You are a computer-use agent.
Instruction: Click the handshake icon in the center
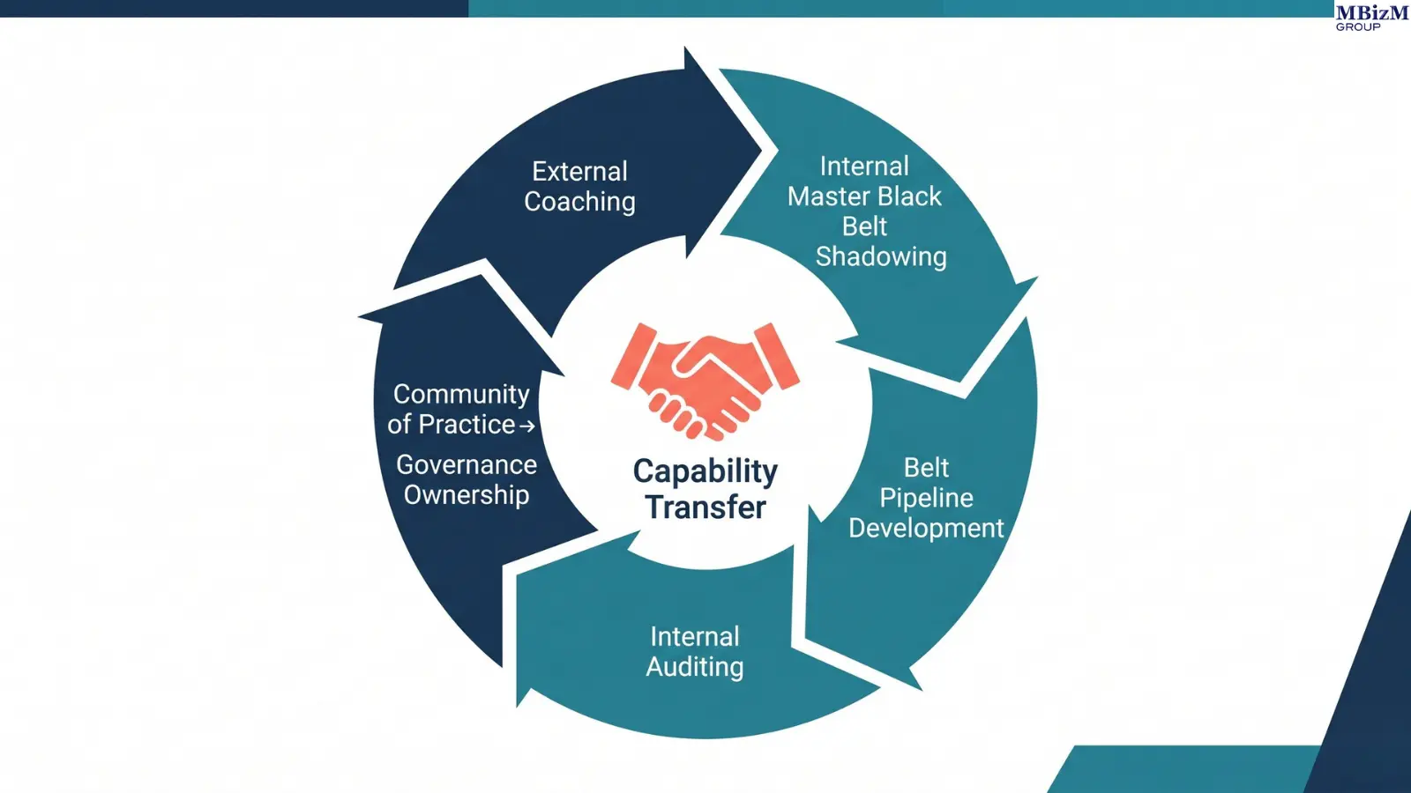pyautogui.click(x=705, y=379)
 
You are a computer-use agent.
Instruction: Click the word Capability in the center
pyautogui.click(x=705, y=471)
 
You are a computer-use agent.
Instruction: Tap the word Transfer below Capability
pyautogui.click(x=705, y=508)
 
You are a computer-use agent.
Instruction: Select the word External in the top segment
pyautogui.click(x=579, y=171)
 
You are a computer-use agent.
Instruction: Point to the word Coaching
pyautogui.click(x=579, y=202)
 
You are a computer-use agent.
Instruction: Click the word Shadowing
pyautogui.click(x=881, y=256)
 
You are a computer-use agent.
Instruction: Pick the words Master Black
pyautogui.click(x=864, y=196)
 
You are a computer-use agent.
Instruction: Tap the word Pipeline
pyautogui.click(x=926, y=498)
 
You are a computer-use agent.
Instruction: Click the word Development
pyautogui.click(x=926, y=528)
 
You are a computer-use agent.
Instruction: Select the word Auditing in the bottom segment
pyautogui.click(x=695, y=667)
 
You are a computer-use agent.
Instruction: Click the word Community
pyautogui.click(x=461, y=394)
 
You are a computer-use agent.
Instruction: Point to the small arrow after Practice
pyautogui.click(x=527, y=426)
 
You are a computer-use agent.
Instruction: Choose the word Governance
pyautogui.click(x=467, y=464)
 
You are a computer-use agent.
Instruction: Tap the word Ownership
pyautogui.click(x=467, y=495)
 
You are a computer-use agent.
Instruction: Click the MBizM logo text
pyautogui.click(x=1371, y=12)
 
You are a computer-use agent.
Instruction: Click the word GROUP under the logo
pyautogui.click(x=1358, y=27)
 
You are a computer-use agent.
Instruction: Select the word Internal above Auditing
pyautogui.click(x=695, y=636)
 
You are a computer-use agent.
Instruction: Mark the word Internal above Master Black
pyautogui.click(x=864, y=167)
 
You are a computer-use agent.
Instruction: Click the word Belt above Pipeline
pyautogui.click(x=926, y=467)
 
